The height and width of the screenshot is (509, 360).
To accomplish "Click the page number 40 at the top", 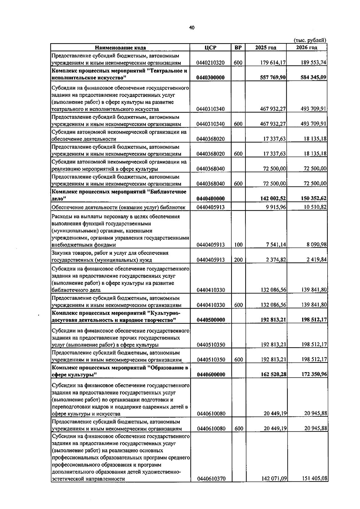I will tap(192, 28).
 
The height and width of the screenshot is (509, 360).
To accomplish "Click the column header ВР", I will tap(238, 48).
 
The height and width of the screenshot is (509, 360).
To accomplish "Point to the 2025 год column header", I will tap(265, 48).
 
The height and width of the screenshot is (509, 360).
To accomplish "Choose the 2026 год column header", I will tap(307, 48).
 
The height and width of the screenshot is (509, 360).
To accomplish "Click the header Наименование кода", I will tap(120, 48).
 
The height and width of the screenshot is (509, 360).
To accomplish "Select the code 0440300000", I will tap(211, 78).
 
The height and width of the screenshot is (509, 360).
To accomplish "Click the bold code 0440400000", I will tap(211, 198).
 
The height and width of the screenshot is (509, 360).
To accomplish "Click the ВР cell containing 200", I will tap(238, 260).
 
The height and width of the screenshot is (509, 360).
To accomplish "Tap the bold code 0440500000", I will tap(211, 320).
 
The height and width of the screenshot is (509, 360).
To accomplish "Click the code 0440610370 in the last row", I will tap(211, 479).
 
